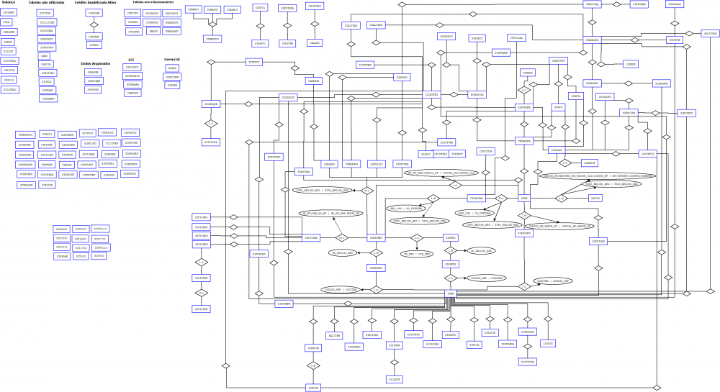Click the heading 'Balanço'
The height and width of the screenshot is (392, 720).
click(9, 3)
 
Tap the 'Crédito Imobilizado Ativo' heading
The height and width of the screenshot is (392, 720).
click(94, 3)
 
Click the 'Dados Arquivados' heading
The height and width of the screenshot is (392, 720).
click(95, 63)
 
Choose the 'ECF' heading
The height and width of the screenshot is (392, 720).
click(131, 60)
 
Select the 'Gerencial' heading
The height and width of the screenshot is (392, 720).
click(172, 59)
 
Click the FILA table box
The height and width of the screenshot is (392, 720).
click(9, 22)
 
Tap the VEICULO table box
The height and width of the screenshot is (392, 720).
click(9, 70)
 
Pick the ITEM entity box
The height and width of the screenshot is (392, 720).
click(451, 293)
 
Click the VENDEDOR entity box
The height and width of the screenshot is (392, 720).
click(523, 141)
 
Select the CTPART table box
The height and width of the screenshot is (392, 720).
click(94, 45)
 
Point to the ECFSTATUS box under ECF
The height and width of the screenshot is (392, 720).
click(132, 76)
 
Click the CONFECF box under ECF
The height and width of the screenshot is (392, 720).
click(132, 93)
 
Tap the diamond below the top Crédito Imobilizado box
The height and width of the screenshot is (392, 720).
click(94, 24)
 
